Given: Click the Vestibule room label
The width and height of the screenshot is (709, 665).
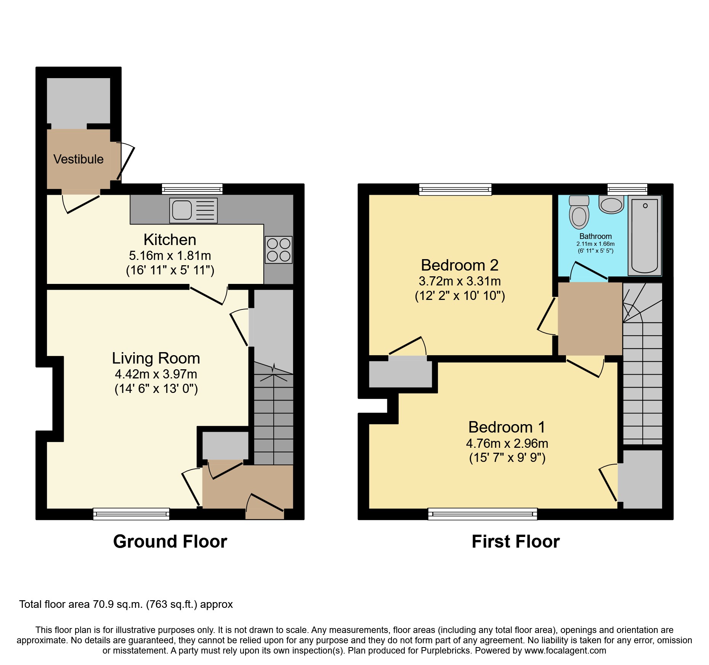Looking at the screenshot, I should tap(78, 159).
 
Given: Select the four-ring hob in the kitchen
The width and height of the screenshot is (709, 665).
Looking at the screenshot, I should tap(279, 250).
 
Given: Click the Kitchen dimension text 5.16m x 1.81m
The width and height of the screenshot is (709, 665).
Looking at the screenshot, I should tap(170, 255).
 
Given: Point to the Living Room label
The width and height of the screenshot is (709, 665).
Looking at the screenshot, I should tap(156, 358).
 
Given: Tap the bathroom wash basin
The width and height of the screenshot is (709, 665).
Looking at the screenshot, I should tap(611, 205).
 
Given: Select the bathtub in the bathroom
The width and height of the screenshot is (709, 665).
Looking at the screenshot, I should tap(645, 235).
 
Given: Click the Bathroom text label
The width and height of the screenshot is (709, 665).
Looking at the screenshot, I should tap(595, 236).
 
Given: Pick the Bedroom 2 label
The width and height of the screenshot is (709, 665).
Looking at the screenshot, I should tap(460, 265).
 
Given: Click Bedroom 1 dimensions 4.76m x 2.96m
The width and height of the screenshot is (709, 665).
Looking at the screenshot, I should tap(507, 443).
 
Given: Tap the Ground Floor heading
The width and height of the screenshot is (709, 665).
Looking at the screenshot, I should tap(170, 542).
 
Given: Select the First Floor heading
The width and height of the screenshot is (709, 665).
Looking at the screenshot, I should tap(515, 542).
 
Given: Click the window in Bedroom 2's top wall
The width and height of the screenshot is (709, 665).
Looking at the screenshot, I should tap(455, 189).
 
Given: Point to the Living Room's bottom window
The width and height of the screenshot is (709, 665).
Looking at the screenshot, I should tap(131, 514).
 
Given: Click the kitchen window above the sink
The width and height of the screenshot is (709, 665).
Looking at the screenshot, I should tap(192, 189).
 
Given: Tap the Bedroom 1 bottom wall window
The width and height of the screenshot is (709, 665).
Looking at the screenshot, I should tap(483, 514).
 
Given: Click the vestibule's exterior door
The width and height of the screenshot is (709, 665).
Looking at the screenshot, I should tap(125, 162).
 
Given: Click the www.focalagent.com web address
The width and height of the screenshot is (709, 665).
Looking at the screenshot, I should tap(565, 651).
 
